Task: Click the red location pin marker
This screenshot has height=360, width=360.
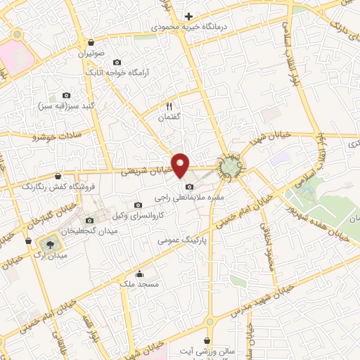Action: pyautogui.click(x=181, y=165)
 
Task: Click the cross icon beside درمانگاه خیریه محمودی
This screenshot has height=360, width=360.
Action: pyautogui.click(x=188, y=16)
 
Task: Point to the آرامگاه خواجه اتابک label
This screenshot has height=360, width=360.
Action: pyautogui.click(x=117, y=72)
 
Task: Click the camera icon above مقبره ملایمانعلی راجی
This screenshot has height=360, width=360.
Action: pyautogui.click(x=189, y=186)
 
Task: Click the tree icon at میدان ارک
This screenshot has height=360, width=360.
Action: pyautogui.click(x=49, y=243)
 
